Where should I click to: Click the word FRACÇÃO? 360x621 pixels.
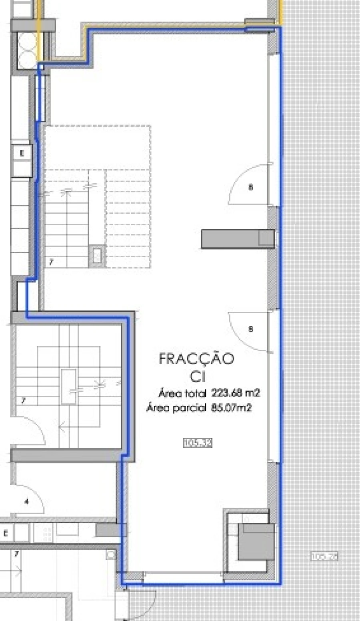196,359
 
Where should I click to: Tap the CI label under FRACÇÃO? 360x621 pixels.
198,377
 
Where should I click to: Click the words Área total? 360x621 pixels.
182,393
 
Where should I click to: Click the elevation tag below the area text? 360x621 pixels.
197,443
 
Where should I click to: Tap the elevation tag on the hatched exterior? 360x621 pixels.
324,556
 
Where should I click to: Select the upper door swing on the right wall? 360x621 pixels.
250,185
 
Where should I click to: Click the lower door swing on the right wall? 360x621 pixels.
250,331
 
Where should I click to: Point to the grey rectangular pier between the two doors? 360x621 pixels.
237,239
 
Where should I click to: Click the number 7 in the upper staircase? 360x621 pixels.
51,262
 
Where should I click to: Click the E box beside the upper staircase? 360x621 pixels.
22,153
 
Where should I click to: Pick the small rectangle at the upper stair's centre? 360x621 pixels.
97,255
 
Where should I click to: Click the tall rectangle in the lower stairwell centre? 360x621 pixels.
69,387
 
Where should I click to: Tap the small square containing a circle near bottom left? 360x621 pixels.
110,555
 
